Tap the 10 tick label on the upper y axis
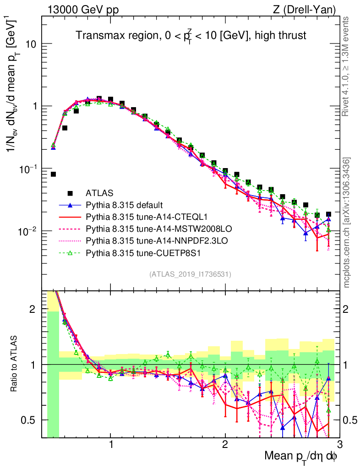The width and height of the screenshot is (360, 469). (30, 44)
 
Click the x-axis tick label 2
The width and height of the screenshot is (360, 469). (225, 445)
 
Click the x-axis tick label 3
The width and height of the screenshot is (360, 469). (339, 445)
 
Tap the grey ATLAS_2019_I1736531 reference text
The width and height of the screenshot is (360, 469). (190, 274)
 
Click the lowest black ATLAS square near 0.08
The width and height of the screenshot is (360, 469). (53, 174)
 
